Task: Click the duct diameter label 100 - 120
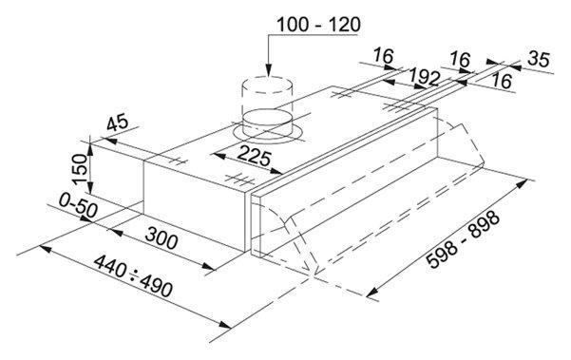click(318, 25)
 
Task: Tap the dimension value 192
click(425, 77)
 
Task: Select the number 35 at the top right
click(539, 59)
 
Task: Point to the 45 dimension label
click(117, 122)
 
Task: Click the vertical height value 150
click(80, 169)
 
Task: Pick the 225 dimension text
click(255, 157)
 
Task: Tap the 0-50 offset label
click(78, 205)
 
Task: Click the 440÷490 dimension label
click(133, 275)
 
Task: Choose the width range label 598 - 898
click(463, 239)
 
